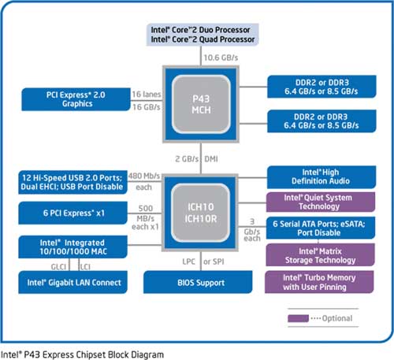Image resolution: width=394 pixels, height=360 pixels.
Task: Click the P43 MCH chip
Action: (x=201, y=104)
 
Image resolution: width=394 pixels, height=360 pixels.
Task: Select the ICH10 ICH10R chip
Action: (x=201, y=213)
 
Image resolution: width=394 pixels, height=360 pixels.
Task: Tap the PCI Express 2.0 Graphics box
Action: (x=76, y=99)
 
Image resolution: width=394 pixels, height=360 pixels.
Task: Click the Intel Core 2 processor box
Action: (x=203, y=35)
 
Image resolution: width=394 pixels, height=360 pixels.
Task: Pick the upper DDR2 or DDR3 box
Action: (x=322, y=87)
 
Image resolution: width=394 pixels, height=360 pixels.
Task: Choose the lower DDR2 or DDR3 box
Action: (x=322, y=121)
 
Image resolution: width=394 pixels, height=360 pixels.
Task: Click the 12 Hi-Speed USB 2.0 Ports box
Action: (x=72, y=182)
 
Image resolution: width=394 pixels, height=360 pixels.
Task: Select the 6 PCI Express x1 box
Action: (x=72, y=213)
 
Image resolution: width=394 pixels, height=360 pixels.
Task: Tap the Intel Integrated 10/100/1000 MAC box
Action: (x=72, y=247)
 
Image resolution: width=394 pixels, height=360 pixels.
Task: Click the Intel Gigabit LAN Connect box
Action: (x=72, y=282)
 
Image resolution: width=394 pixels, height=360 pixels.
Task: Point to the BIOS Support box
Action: (x=198, y=282)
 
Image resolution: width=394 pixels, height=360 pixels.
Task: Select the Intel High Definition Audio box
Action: (x=322, y=177)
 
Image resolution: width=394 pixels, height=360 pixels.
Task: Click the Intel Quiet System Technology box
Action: (x=321, y=202)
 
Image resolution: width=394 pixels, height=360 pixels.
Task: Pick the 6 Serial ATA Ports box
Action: (x=321, y=228)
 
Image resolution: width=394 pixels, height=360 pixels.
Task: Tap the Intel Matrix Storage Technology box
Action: (x=321, y=255)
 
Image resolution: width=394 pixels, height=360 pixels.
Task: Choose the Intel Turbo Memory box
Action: (x=319, y=282)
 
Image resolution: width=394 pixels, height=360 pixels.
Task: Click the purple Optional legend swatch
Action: (x=298, y=318)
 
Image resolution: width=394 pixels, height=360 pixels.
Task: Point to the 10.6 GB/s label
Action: (x=221, y=58)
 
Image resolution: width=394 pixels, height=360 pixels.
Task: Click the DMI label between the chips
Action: (x=211, y=159)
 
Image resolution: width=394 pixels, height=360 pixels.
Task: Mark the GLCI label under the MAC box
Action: (x=58, y=267)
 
